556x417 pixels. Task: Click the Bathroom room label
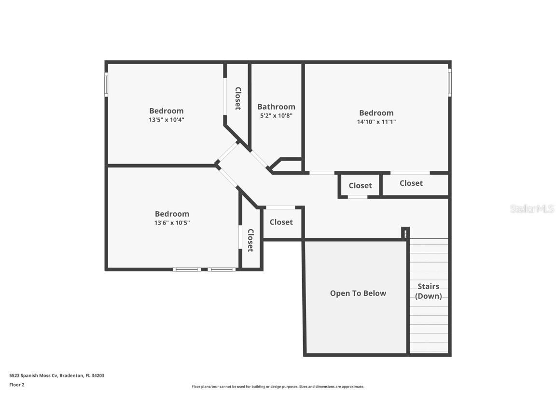[276, 107]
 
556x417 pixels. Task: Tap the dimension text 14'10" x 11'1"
[376, 122]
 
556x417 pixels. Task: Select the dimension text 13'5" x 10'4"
[167, 120]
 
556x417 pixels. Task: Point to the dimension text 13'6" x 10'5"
[172, 223]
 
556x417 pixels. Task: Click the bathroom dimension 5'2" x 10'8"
[276, 116]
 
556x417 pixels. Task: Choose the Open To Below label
[358, 293]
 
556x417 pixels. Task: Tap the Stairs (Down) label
[428, 292]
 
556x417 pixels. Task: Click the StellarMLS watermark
[532, 209]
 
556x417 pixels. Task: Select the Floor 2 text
[17, 385]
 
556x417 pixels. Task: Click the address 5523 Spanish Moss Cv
[34, 375]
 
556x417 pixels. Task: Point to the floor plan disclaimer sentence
[278, 387]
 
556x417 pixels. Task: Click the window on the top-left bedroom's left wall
[106, 84]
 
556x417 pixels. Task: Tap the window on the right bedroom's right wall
[449, 83]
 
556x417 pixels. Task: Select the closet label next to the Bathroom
[238, 98]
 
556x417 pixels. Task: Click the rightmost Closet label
[411, 183]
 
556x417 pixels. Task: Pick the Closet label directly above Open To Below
[281, 222]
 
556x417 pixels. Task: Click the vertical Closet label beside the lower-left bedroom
[250, 240]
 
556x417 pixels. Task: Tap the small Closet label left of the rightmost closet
[360, 186]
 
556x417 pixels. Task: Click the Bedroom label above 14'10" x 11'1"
[376, 113]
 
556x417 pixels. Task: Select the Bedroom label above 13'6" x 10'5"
[172, 214]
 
